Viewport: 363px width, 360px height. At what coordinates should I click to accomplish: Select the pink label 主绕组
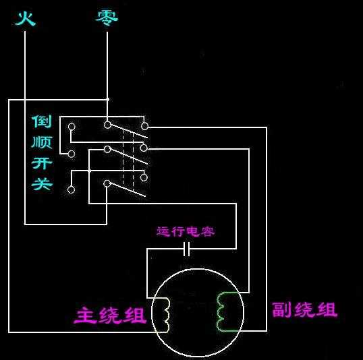pos(110,315)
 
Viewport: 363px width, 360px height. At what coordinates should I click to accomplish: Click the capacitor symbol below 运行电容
pos(188,250)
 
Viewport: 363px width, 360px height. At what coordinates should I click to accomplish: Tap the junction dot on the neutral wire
pos(107,98)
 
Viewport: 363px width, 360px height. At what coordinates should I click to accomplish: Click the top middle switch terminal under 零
pos(107,125)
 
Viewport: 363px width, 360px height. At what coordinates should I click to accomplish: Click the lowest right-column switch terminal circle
pos(144,177)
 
